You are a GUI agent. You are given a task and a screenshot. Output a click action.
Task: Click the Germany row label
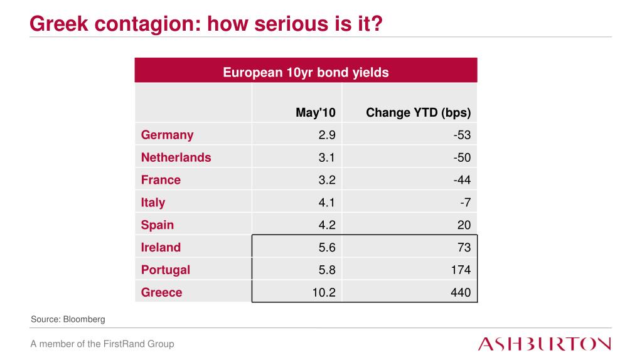click(x=167, y=135)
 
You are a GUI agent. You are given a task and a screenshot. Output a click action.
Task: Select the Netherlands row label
click(x=176, y=157)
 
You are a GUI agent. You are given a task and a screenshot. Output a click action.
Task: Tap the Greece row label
click(x=161, y=292)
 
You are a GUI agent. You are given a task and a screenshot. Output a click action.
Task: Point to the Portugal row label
click(x=165, y=270)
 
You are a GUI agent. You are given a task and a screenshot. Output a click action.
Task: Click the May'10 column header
click(x=316, y=113)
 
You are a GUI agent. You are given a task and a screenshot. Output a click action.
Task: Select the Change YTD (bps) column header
click(x=418, y=113)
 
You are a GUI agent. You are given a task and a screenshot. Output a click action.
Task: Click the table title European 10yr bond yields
click(x=306, y=72)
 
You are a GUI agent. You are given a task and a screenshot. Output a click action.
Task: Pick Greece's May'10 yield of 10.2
click(x=324, y=292)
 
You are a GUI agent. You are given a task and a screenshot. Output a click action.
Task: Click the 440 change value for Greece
click(x=461, y=292)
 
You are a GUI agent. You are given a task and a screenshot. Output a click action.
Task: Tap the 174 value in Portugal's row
click(x=461, y=270)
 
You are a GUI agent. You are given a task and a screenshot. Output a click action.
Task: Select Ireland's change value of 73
click(x=464, y=247)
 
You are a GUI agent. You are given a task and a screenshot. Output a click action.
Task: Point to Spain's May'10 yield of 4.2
click(x=327, y=225)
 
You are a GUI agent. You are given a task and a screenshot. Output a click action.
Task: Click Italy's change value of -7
click(x=465, y=202)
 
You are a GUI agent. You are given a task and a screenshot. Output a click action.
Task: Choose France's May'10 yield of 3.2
click(x=327, y=180)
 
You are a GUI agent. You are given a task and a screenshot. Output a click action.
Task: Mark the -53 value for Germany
click(x=462, y=135)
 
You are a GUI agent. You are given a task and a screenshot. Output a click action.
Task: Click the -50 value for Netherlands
click(x=462, y=157)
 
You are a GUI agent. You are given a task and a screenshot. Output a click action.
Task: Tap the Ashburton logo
click(x=544, y=344)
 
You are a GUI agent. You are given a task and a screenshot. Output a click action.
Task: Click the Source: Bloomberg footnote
click(x=68, y=319)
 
